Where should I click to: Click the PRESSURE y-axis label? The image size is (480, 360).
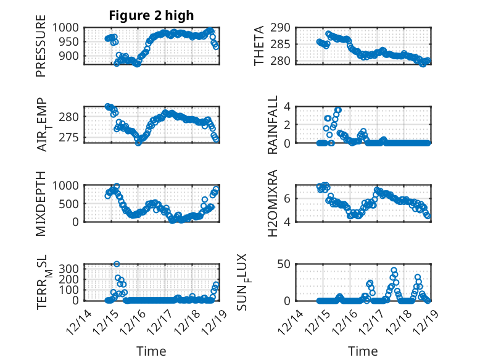click(x=41, y=50)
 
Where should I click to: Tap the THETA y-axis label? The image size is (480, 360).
click(x=260, y=46)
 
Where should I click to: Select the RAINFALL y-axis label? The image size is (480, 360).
click(x=272, y=125)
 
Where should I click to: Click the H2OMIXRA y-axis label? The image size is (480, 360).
click(x=272, y=204)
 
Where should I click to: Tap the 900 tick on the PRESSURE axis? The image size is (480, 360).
click(x=70, y=56)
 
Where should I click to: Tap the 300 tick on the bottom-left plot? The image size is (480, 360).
click(x=70, y=268)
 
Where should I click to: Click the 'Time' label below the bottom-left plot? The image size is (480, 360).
click(x=151, y=351)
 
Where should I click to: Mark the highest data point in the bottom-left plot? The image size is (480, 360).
click(x=117, y=264)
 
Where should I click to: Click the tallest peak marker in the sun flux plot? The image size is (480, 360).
click(x=394, y=270)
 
